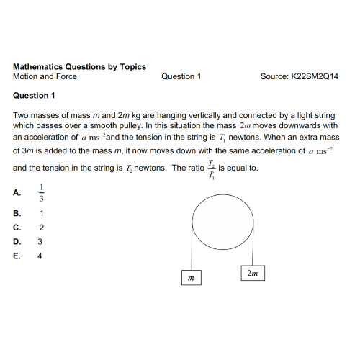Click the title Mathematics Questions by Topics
point(79,66)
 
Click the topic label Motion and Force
point(45,76)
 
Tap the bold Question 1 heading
point(34,96)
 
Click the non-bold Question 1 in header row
point(181,76)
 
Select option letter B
point(17,214)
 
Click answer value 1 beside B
point(42,214)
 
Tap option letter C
point(17,228)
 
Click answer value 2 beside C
point(42,228)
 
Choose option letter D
point(17,241)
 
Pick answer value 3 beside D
point(41,241)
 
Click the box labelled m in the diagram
point(190,277)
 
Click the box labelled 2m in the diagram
point(251,274)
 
